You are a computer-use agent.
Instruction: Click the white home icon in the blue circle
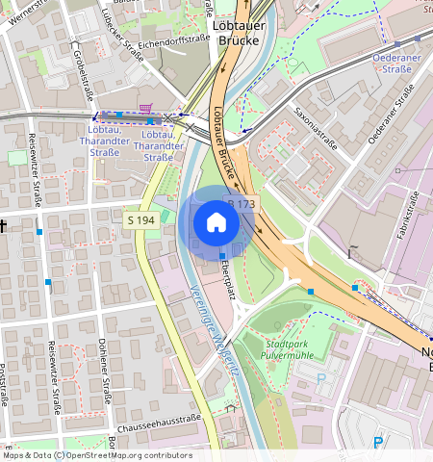(216, 223)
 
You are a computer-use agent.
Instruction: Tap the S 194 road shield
(140, 220)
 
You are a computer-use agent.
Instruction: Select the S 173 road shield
(241, 204)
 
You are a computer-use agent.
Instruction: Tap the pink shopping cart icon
(145, 108)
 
